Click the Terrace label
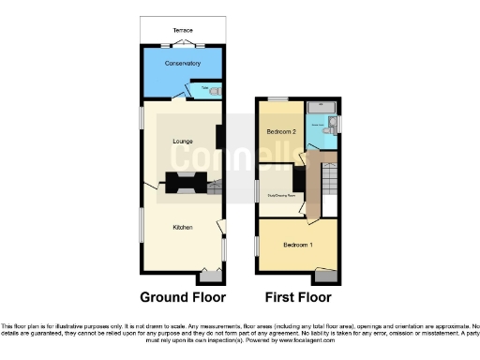click(182, 30)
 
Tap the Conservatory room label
click(182, 64)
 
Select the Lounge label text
click(182, 141)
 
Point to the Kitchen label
click(182, 227)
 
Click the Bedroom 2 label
click(281, 132)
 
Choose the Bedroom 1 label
click(298, 245)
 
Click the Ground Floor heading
click(183, 297)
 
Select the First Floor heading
click(297, 297)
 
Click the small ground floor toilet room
click(212, 91)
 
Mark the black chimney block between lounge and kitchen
click(183, 184)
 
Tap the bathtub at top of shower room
click(322, 105)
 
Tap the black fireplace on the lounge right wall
click(219, 138)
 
